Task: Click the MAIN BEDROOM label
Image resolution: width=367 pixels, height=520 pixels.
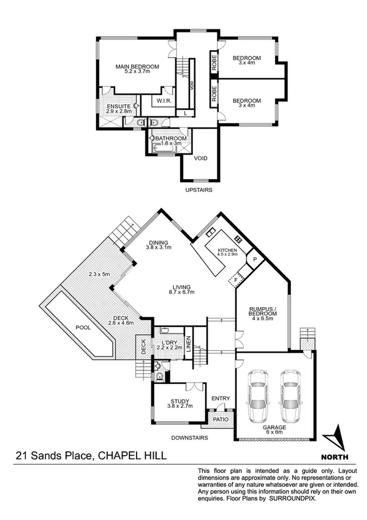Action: [x=138, y=67]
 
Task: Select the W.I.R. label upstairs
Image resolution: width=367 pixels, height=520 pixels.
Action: [x=164, y=101]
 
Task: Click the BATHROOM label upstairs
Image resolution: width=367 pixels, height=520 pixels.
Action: [x=171, y=139]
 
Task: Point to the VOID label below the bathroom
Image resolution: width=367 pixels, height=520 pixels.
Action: [x=200, y=159]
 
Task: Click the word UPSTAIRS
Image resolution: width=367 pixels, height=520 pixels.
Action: [x=199, y=191]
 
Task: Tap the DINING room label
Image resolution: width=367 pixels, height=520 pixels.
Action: [x=159, y=243]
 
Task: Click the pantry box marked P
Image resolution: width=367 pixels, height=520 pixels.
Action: [x=255, y=259]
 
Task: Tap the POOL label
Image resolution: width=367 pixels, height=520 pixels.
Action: [x=83, y=327]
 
